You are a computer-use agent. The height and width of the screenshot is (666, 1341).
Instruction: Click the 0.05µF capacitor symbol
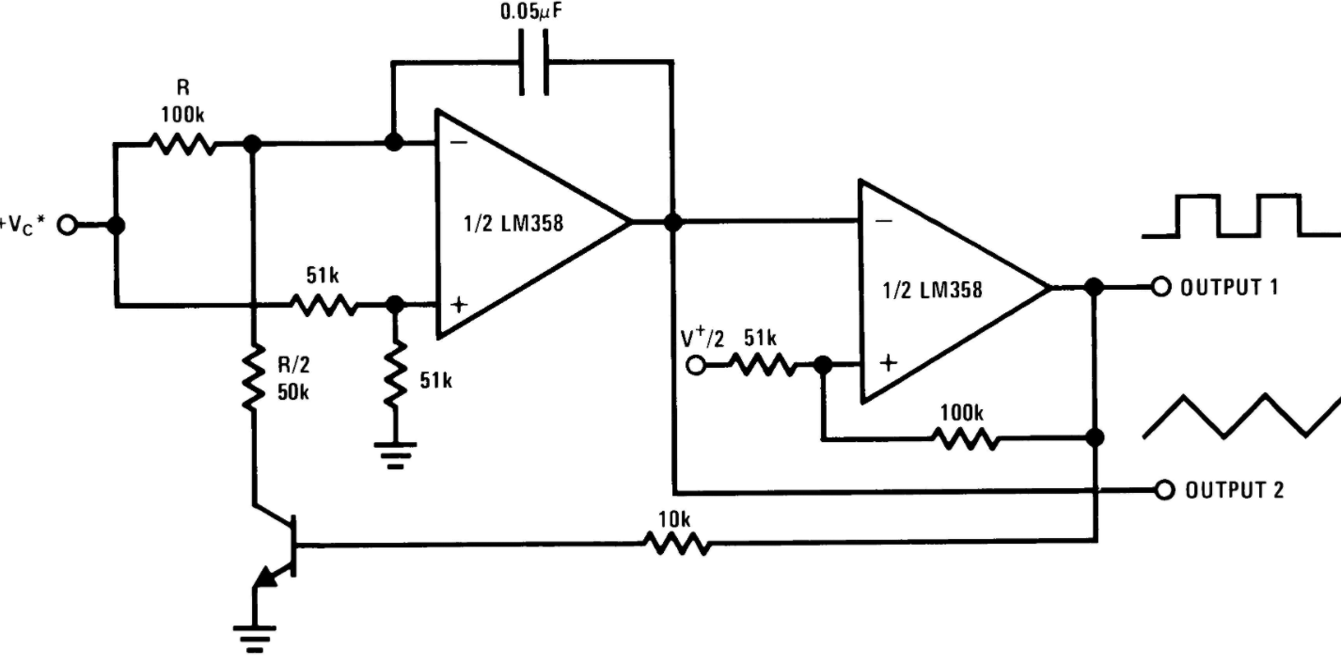(x=533, y=62)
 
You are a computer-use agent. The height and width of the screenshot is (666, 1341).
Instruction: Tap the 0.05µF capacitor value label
(x=531, y=11)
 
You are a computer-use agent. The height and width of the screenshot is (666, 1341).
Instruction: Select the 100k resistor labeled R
(x=182, y=144)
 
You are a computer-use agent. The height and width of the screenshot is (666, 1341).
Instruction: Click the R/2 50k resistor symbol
(x=253, y=376)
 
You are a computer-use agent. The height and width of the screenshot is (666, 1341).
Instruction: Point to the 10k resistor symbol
(x=677, y=545)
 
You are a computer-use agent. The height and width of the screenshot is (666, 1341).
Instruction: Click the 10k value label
(x=674, y=519)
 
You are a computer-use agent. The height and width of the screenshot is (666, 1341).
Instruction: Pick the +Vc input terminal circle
(x=67, y=226)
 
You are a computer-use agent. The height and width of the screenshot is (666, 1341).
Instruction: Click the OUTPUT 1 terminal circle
(x=1160, y=288)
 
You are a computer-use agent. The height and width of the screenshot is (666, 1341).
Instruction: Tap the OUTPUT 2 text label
(x=1235, y=490)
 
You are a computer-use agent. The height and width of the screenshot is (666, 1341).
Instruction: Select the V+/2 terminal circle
(x=696, y=364)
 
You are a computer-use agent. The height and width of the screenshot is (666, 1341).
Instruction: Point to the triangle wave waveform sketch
(x=1242, y=416)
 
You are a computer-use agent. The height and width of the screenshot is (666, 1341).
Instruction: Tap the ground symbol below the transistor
(x=255, y=639)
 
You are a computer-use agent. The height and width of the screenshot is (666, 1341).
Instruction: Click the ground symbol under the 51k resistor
(x=395, y=455)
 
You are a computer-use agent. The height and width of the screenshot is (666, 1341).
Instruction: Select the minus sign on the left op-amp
(x=459, y=143)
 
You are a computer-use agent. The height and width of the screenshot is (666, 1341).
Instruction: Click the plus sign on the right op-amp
(x=889, y=362)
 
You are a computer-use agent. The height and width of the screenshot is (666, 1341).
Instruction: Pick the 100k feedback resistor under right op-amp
(x=965, y=439)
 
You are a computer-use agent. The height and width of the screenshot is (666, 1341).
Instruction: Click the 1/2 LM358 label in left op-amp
(x=513, y=223)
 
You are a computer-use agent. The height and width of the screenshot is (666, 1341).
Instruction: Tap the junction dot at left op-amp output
(x=673, y=222)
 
